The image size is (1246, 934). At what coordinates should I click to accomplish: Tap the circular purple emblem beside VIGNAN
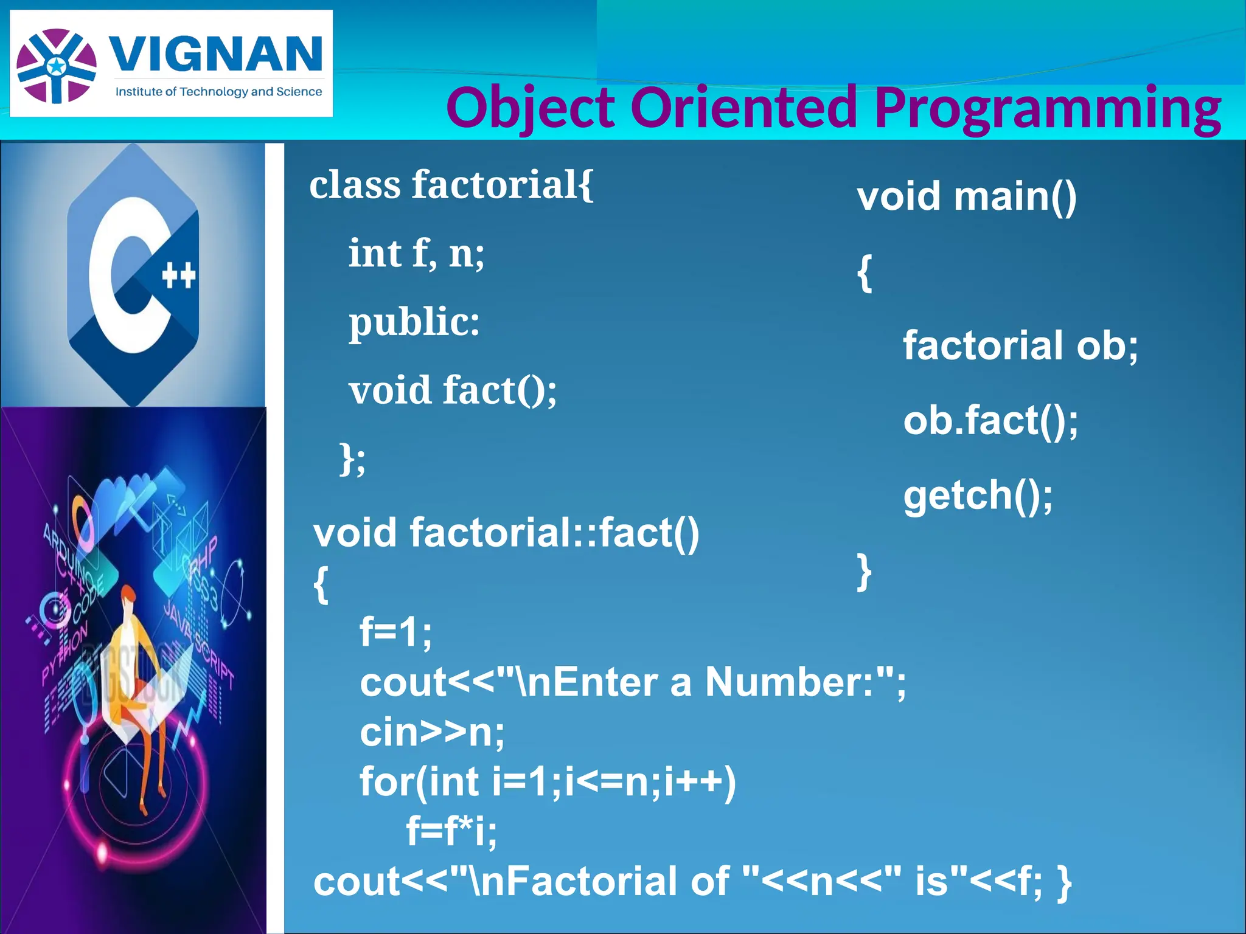[x=56, y=66]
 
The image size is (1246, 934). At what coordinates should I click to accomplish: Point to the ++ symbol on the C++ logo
[x=179, y=275]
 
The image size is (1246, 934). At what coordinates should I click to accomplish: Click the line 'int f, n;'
[x=416, y=254]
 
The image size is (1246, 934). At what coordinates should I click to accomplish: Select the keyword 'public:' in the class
[x=414, y=322]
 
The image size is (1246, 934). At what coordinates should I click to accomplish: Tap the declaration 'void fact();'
[x=452, y=390]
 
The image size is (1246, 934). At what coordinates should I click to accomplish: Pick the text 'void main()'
[x=966, y=196]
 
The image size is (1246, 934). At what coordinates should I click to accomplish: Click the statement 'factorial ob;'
[x=1020, y=345]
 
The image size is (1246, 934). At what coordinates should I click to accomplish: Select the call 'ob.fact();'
[x=990, y=420]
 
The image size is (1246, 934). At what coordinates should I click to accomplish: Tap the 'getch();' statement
[x=978, y=495]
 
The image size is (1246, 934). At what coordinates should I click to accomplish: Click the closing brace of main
[x=864, y=571]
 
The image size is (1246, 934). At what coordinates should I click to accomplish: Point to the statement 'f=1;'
[x=396, y=632]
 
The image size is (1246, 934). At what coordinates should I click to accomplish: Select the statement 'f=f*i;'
[x=451, y=831]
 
